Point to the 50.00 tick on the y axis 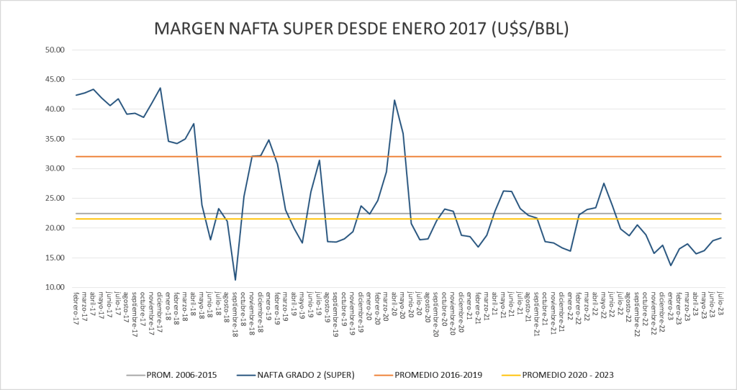(55, 50)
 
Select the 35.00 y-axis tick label (55, 139)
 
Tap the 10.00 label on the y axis (55, 287)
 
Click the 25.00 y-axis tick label (55, 199)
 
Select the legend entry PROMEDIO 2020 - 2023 (568, 374)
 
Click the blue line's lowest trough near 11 (235, 280)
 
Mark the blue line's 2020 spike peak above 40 (394, 100)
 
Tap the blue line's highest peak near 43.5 (160, 88)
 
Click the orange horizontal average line (504, 156)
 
